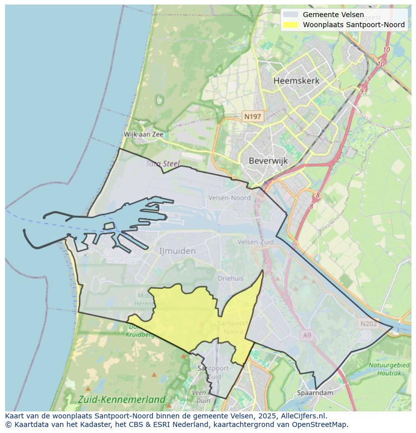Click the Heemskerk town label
[x=296, y=81]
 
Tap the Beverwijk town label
[x=268, y=161]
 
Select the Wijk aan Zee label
[x=144, y=134]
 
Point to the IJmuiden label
[x=177, y=250]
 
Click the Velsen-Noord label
[x=230, y=198]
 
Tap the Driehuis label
[x=231, y=278]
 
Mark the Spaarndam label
[x=315, y=392]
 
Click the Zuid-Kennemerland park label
[x=122, y=400]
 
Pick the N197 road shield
[x=252, y=117]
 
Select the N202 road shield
[x=368, y=324]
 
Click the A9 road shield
[x=307, y=334]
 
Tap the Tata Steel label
[x=162, y=163]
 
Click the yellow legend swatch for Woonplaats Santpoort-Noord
[x=290, y=25]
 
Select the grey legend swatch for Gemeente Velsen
[x=290, y=15]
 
